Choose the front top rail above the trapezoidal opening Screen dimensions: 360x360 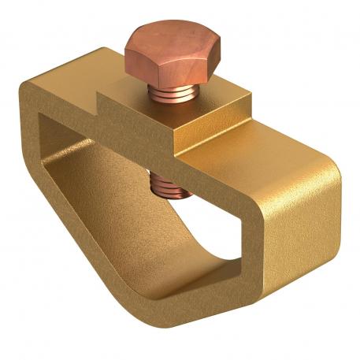pyautogui.click(x=236, y=169)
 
